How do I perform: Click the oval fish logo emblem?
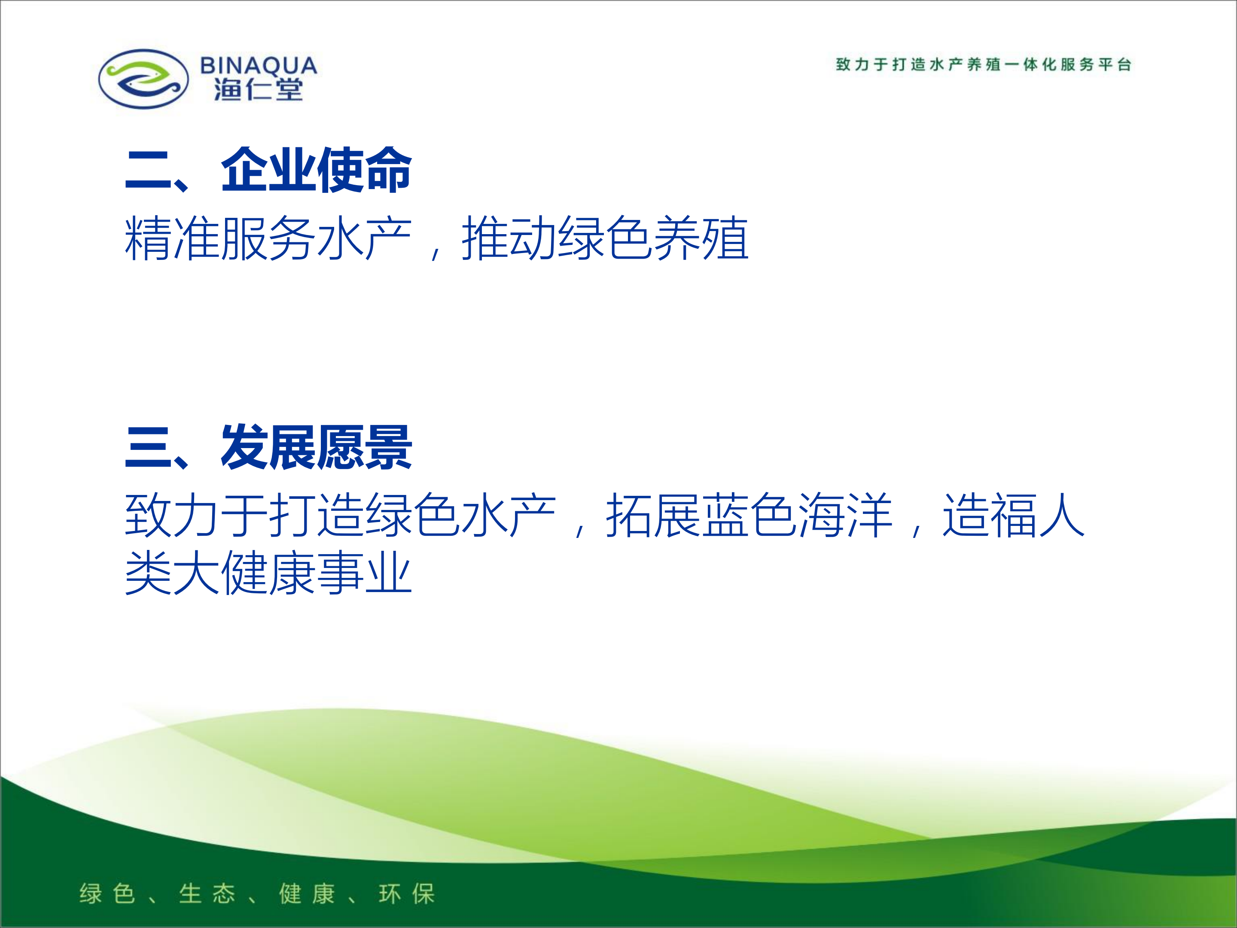click(143, 79)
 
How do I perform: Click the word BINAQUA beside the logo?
click(259, 65)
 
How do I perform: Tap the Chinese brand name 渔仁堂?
click(259, 89)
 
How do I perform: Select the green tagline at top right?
click(984, 64)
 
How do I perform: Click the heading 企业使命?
click(317, 170)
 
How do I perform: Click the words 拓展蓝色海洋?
click(750, 515)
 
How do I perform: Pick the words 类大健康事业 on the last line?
click(268, 572)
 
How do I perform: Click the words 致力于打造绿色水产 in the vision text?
click(341, 515)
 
